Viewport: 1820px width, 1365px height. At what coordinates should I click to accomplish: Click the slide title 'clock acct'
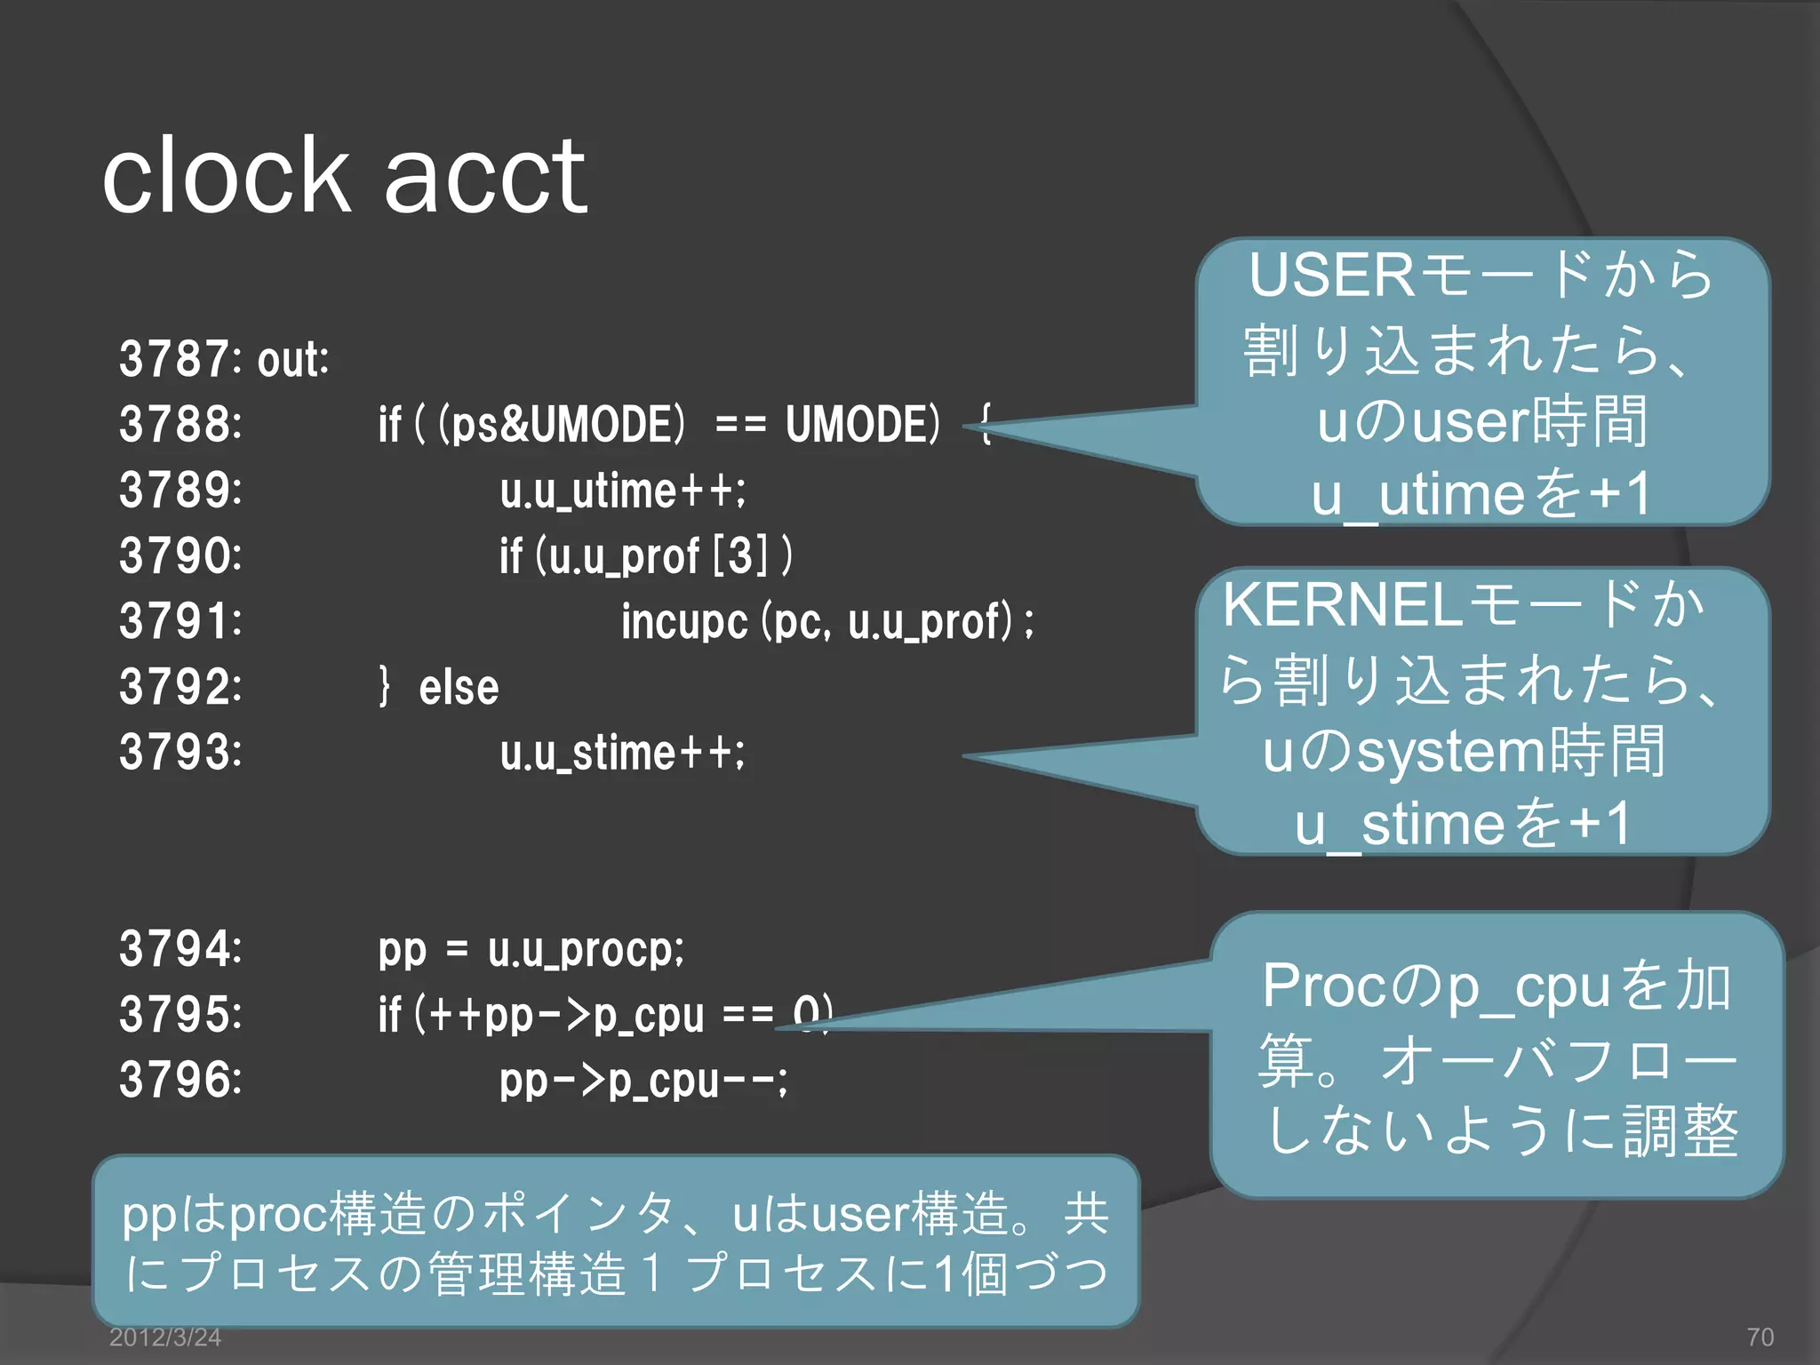pyautogui.click(x=345, y=176)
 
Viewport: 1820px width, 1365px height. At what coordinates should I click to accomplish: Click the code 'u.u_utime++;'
pyautogui.click(x=623, y=491)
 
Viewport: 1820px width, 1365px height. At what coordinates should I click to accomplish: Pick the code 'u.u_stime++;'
pyautogui.click(x=623, y=753)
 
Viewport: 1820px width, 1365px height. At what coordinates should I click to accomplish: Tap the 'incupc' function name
pyautogui.click(x=684, y=621)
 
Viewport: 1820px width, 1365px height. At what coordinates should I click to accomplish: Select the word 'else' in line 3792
pyautogui.click(x=459, y=687)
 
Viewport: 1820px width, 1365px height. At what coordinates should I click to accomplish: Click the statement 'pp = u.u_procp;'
pyautogui.click(x=531, y=949)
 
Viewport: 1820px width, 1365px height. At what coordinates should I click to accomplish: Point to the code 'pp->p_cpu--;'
pyautogui.click(x=643, y=1081)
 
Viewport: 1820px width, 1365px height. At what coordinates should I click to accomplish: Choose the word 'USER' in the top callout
pyautogui.click(x=1331, y=275)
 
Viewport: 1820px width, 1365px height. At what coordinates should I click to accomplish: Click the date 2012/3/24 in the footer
pyautogui.click(x=164, y=1337)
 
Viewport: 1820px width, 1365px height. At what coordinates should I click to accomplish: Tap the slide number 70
pyautogui.click(x=1760, y=1337)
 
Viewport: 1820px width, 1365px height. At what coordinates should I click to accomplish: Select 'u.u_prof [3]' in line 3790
pyautogui.click(x=658, y=556)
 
